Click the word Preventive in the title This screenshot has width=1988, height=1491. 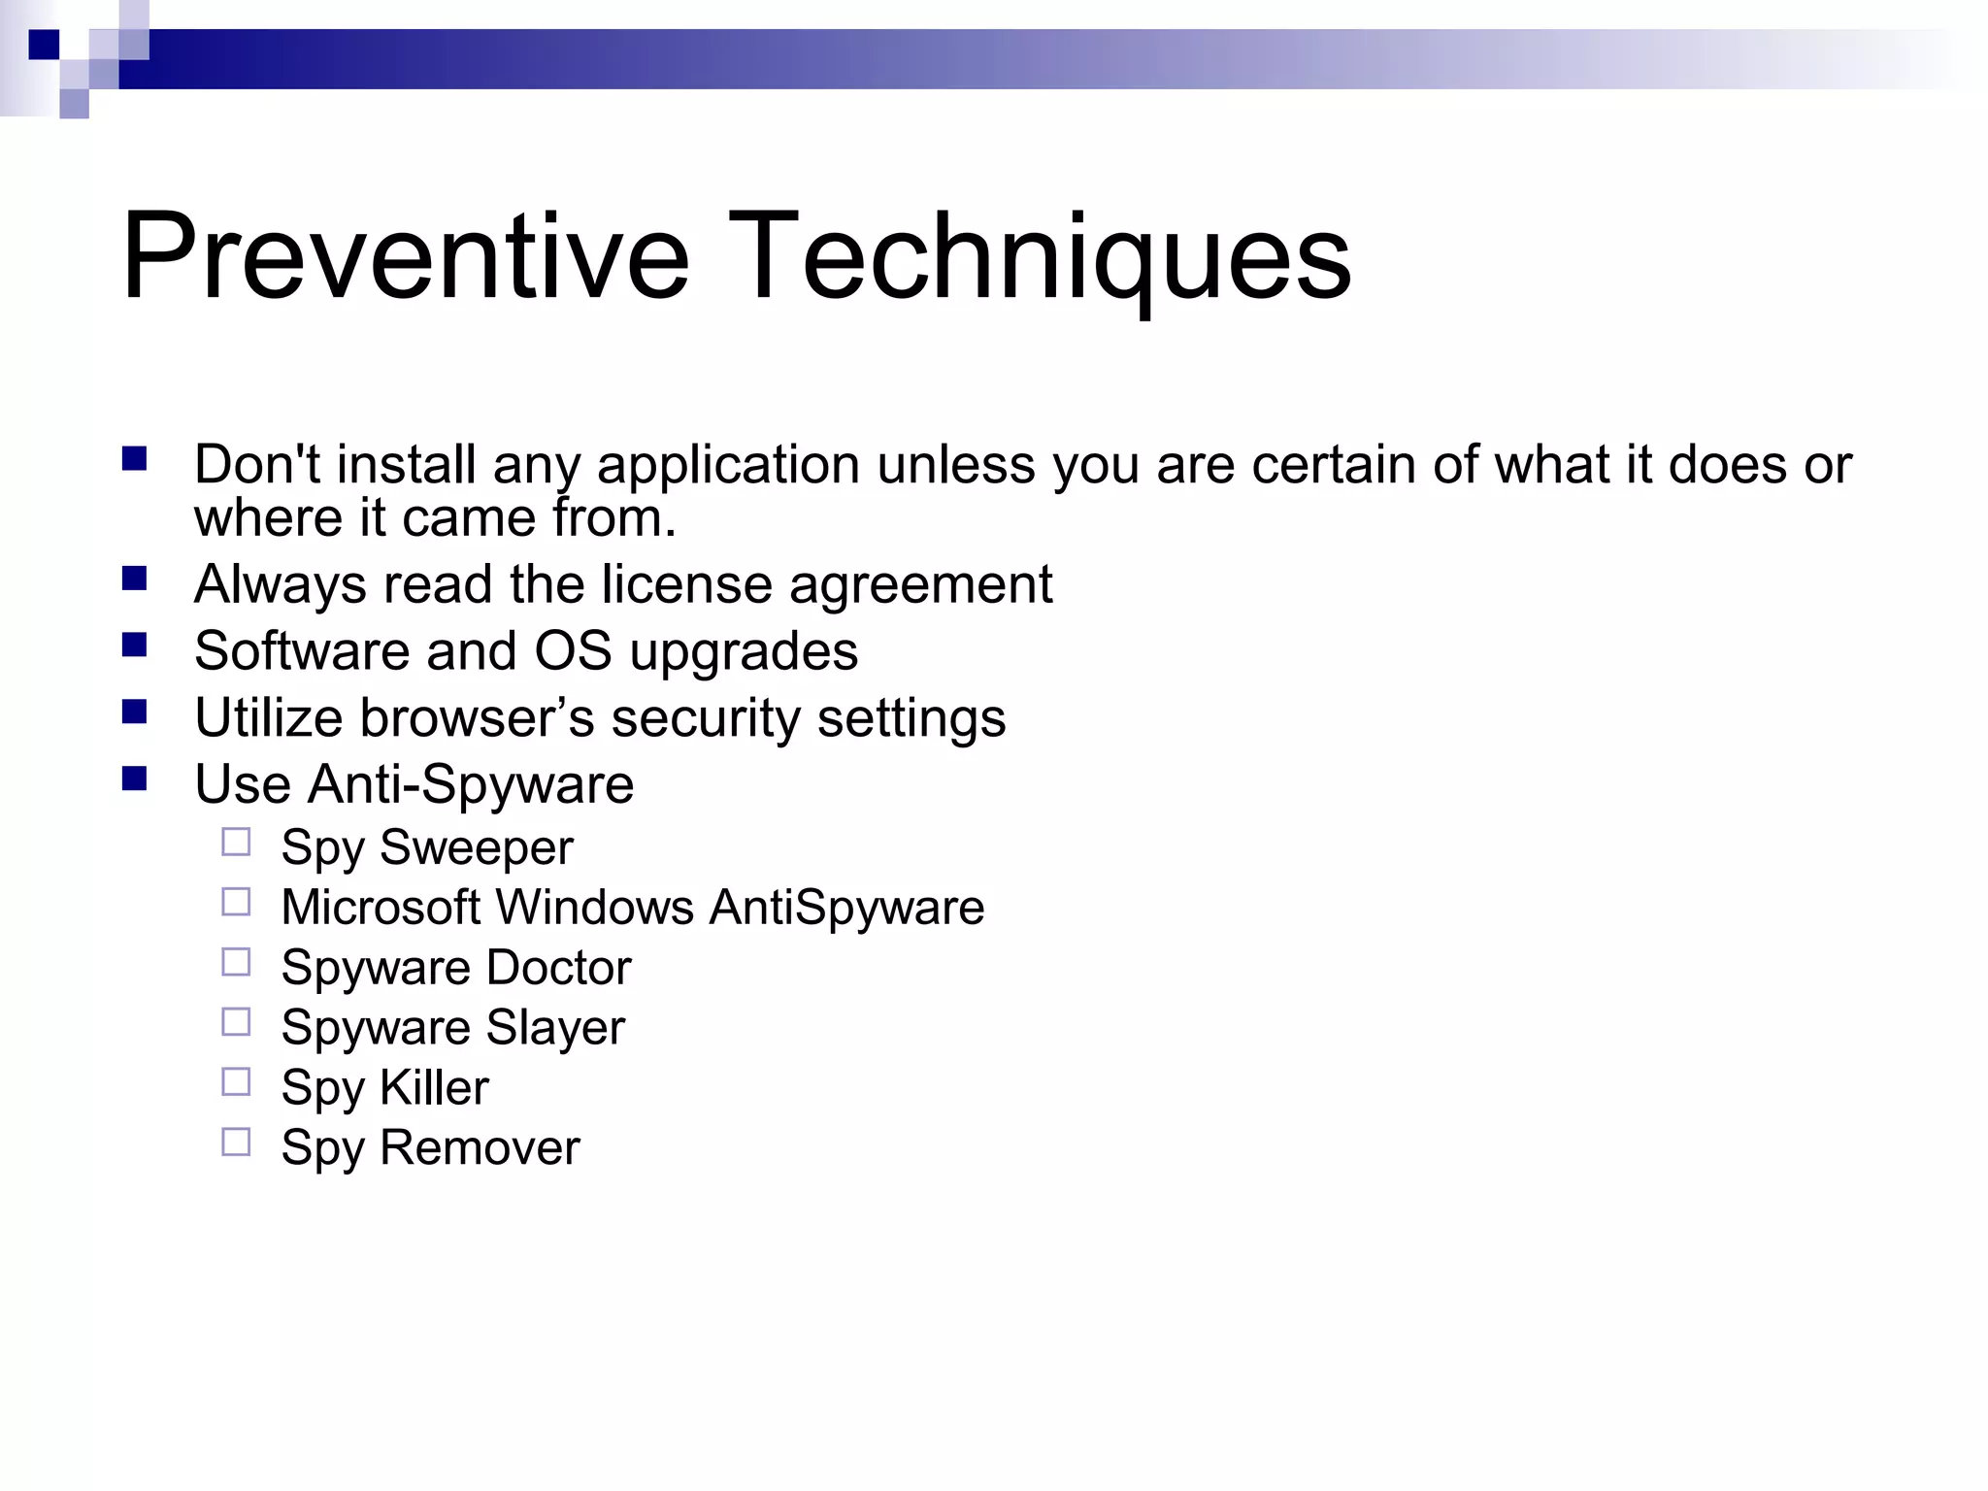[x=406, y=257]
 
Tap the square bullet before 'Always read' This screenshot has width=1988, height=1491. [x=134, y=580]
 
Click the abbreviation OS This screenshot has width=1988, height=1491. [x=573, y=650]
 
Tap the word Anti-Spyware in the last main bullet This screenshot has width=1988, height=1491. [x=471, y=785]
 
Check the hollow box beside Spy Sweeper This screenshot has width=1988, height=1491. [x=236, y=842]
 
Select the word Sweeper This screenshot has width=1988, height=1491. [x=477, y=848]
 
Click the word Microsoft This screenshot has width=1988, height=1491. [x=380, y=908]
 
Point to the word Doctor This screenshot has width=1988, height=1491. [x=558, y=968]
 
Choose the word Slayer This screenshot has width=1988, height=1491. [x=555, y=1029]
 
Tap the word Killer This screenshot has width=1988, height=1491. [x=435, y=1088]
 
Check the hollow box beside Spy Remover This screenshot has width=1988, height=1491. [x=236, y=1142]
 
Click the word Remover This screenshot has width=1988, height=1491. [x=480, y=1148]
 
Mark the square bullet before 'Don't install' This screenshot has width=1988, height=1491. [x=134, y=458]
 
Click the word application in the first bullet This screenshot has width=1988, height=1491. [x=728, y=466]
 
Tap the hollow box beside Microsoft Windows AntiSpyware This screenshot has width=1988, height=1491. [x=236, y=902]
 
